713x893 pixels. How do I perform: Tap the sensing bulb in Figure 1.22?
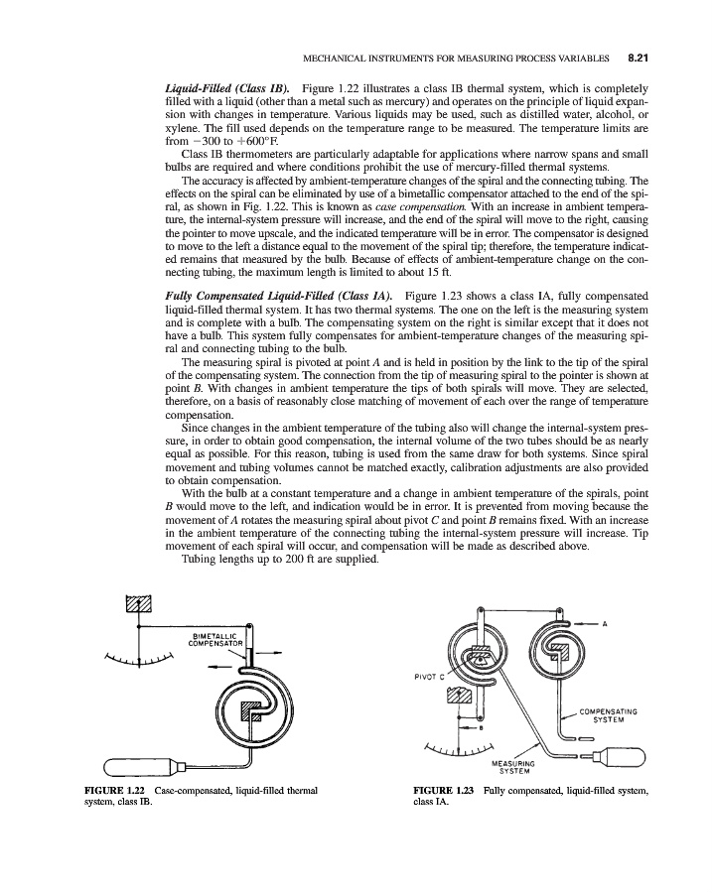pos(139,766)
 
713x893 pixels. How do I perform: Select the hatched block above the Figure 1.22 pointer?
pos(138,605)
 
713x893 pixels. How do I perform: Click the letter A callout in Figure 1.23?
pos(605,622)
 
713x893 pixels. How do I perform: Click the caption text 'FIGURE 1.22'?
pos(110,790)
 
